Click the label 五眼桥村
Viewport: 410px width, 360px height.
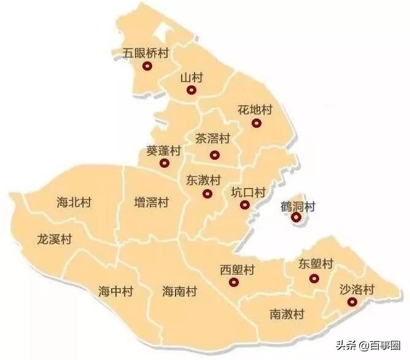(x=145, y=53)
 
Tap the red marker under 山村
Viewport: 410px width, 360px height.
(x=191, y=90)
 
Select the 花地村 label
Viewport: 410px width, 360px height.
(x=255, y=111)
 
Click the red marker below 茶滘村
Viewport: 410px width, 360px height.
(x=214, y=155)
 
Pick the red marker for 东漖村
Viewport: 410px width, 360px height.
(x=207, y=194)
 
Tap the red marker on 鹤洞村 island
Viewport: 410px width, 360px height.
(x=296, y=217)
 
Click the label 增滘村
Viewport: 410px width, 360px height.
(x=152, y=201)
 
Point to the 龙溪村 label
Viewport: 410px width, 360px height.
(x=55, y=238)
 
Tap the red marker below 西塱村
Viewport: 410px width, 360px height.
(x=233, y=283)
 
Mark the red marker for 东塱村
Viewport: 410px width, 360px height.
(x=314, y=278)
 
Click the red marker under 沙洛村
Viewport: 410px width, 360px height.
(x=352, y=302)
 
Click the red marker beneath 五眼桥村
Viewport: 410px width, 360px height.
(x=147, y=66)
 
